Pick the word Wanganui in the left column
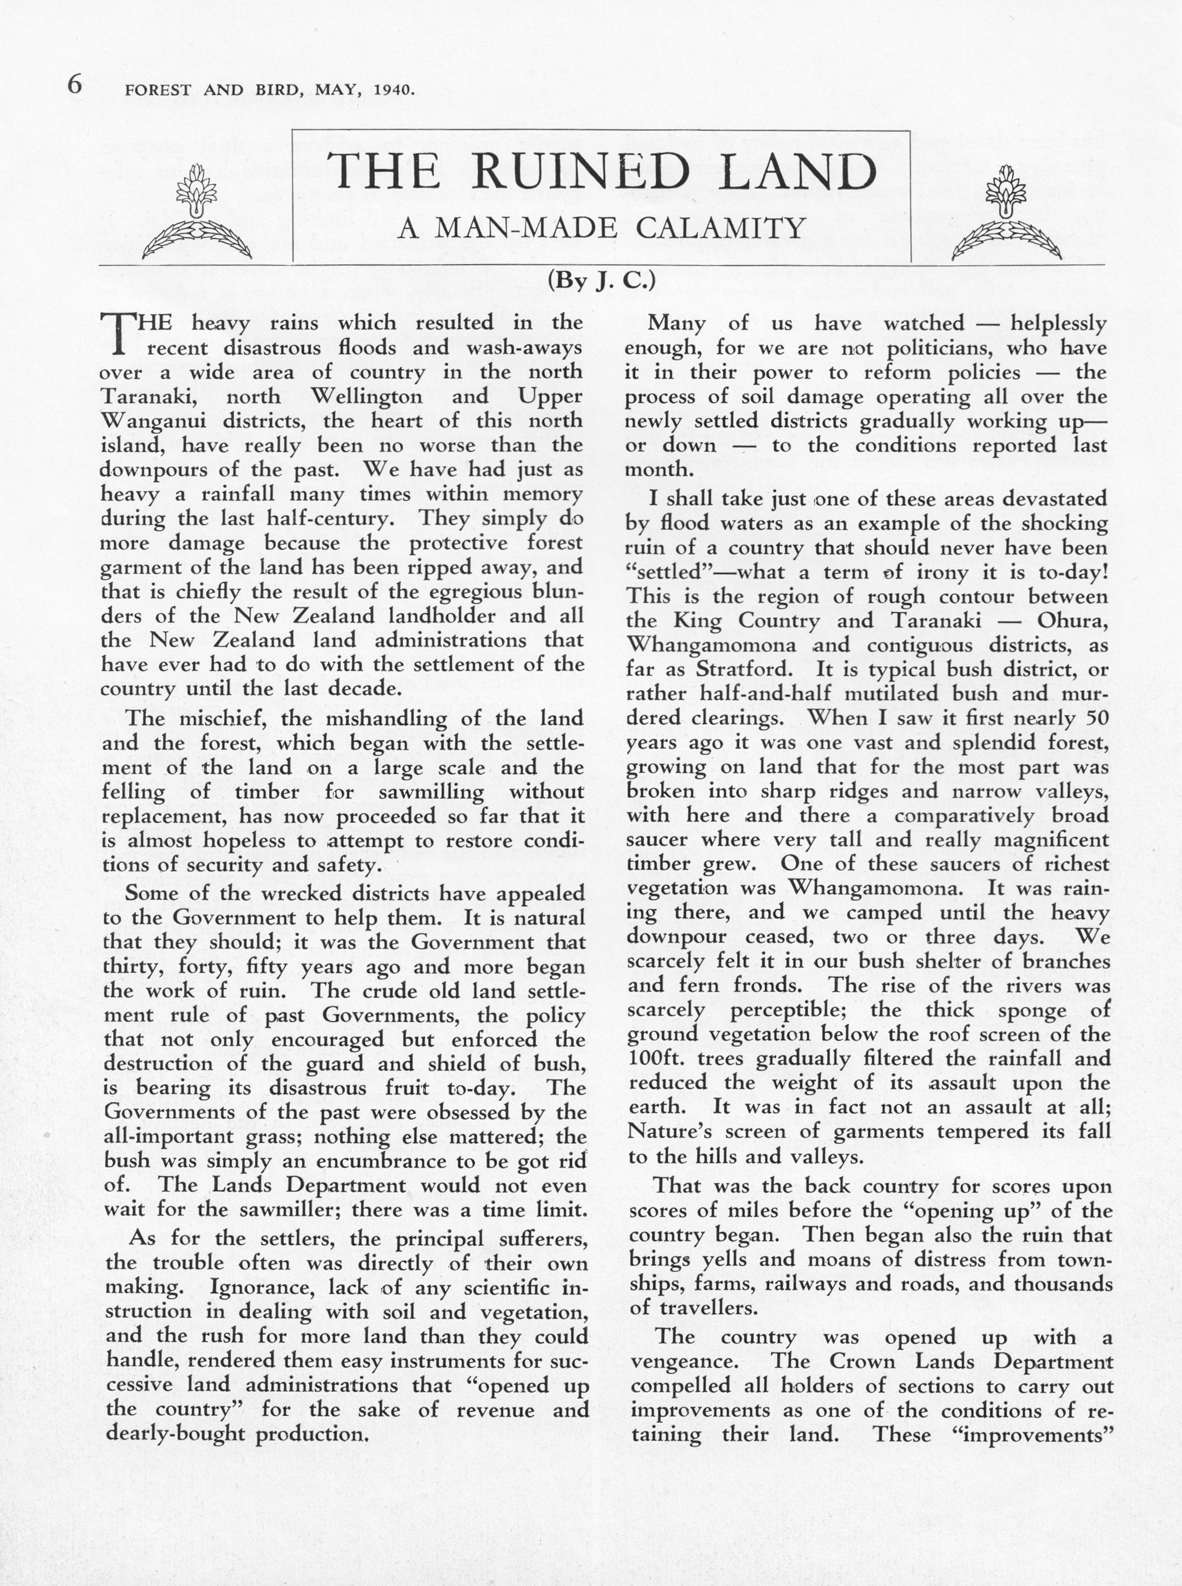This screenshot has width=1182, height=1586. (150, 421)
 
